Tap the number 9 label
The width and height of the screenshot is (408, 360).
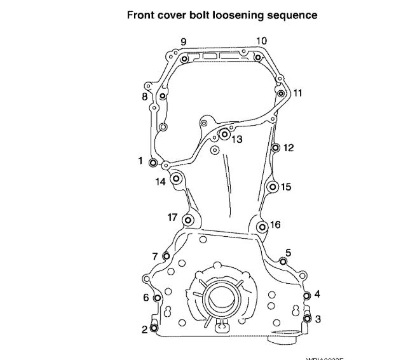click(183, 42)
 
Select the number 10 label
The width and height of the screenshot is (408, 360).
click(261, 41)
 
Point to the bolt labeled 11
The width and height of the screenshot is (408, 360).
click(281, 93)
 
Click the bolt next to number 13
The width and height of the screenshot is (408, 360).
click(224, 134)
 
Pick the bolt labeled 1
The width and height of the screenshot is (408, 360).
click(153, 163)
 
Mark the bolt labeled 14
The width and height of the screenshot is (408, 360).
click(176, 178)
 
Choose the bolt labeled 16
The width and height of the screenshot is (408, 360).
click(261, 226)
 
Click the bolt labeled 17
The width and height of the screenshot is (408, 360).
click(187, 220)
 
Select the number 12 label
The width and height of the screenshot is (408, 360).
click(289, 148)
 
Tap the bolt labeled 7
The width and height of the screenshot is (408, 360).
click(166, 256)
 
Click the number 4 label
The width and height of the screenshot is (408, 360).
click(317, 294)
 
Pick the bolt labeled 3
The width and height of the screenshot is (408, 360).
click(307, 318)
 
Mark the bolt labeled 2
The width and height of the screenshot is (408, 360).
click(153, 328)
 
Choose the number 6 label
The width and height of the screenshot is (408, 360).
click(146, 297)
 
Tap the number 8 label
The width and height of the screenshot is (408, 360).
click(144, 97)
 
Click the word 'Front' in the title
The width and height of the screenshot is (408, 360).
click(142, 15)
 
